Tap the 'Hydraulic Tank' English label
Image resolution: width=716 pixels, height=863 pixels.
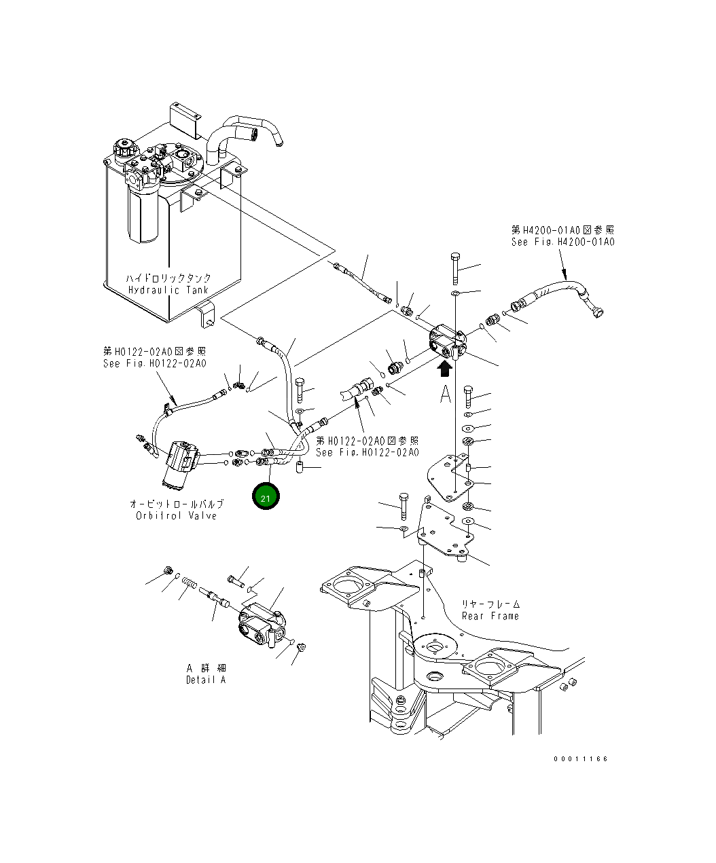169,291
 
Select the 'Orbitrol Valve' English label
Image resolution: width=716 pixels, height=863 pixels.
176,515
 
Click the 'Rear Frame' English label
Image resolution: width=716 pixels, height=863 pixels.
490,616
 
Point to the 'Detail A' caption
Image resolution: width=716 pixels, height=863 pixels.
205,680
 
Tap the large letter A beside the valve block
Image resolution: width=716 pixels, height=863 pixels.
445,394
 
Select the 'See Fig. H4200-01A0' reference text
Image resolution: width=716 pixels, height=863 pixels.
562,242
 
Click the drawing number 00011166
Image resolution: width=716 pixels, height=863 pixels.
580,758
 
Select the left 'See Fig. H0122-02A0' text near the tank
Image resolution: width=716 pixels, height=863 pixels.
154,364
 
